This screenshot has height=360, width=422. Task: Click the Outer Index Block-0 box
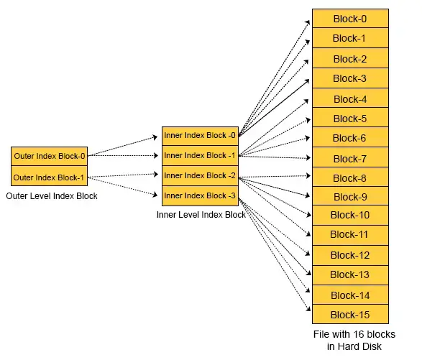pyautogui.click(x=50, y=157)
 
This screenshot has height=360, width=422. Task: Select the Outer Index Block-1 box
pyautogui.click(x=50, y=176)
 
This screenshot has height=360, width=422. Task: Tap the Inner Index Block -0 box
pyautogui.click(x=200, y=136)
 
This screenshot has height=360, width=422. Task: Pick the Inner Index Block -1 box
pyautogui.click(x=200, y=156)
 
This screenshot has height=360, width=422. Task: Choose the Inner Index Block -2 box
pyautogui.click(x=200, y=176)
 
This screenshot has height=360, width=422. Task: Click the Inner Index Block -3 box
pyautogui.click(x=200, y=196)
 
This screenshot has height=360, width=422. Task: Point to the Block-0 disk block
pyautogui.click(x=350, y=18)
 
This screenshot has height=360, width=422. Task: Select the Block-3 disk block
pyautogui.click(x=350, y=78)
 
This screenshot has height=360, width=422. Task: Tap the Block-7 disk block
pyautogui.click(x=350, y=157)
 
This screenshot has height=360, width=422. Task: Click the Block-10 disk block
pyautogui.click(x=350, y=216)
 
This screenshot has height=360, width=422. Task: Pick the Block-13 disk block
pyautogui.click(x=350, y=275)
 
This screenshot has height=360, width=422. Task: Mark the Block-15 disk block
pyautogui.click(x=350, y=314)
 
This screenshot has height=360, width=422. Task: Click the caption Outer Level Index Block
pyautogui.click(x=52, y=196)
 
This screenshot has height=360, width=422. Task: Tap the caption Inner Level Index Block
pyautogui.click(x=201, y=215)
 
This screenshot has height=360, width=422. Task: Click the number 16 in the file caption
pyautogui.click(x=362, y=334)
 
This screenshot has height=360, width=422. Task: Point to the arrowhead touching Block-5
pyautogui.click(x=308, y=120)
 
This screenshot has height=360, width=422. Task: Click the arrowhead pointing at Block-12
pyautogui.click(x=308, y=253)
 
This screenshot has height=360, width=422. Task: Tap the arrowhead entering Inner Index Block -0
pyautogui.click(x=155, y=137)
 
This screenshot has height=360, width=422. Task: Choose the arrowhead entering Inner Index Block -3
pyautogui.click(x=155, y=194)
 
